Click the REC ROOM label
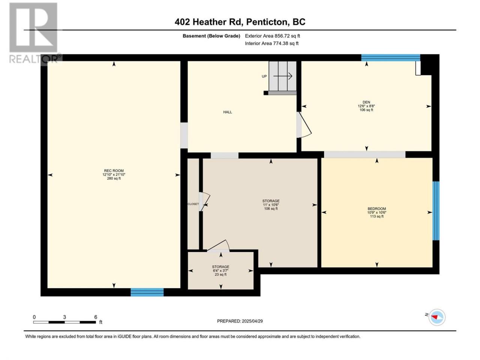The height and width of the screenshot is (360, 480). click(x=114, y=171)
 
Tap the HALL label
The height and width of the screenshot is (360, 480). click(x=227, y=112)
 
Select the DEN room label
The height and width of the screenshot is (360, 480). click(x=366, y=102)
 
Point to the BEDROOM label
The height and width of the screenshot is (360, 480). click(x=376, y=209)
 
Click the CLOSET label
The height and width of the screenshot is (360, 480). click(x=193, y=204)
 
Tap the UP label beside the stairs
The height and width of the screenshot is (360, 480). click(x=264, y=76)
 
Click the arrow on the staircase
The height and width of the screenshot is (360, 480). click(x=283, y=76)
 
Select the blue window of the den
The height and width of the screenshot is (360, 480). click(x=390, y=58)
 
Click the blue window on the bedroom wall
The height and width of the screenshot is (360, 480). click(x=436, y=211)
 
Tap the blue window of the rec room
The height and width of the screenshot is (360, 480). click(x=147, y=292)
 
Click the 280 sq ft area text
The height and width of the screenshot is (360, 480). click(x=114, y=178)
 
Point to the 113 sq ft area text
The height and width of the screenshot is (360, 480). click(x=376, y=216)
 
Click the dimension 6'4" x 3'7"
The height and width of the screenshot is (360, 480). click(x=220, y=271)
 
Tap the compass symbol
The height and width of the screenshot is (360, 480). click(x=437, y=317)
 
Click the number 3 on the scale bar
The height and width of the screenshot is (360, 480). click(x=64, y=317)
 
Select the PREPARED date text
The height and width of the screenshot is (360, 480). click(x=240, y=321)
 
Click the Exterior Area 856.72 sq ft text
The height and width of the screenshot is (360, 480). click(x=273, y=36)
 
